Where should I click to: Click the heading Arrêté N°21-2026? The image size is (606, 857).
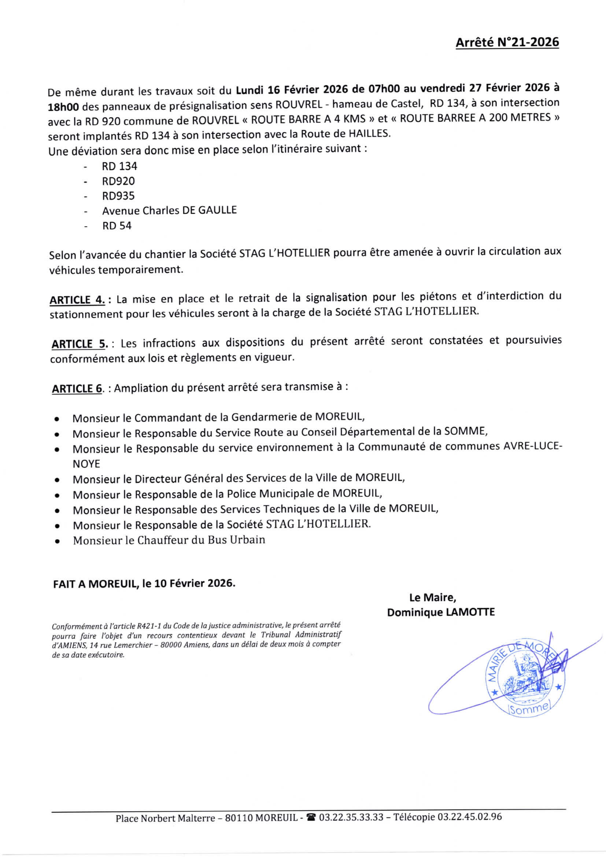coord(507,42)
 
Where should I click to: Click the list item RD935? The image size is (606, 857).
coord(118,196)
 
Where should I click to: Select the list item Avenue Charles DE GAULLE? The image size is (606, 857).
coord(169,210)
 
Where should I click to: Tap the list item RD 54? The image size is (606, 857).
coord(117,226)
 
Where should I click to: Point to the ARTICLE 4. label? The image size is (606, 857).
coord(77,300)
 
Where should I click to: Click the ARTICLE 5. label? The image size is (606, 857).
coord(80,343)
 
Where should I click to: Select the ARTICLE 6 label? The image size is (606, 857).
coord(77,389)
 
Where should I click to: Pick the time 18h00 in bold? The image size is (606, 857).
coord(63,107)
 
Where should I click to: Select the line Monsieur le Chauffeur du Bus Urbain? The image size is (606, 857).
coord(169,540)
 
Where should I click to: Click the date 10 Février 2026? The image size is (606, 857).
coord(195,584)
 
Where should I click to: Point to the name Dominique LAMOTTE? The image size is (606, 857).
coord(441,612)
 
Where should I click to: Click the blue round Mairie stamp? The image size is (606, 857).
coord(526,676)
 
